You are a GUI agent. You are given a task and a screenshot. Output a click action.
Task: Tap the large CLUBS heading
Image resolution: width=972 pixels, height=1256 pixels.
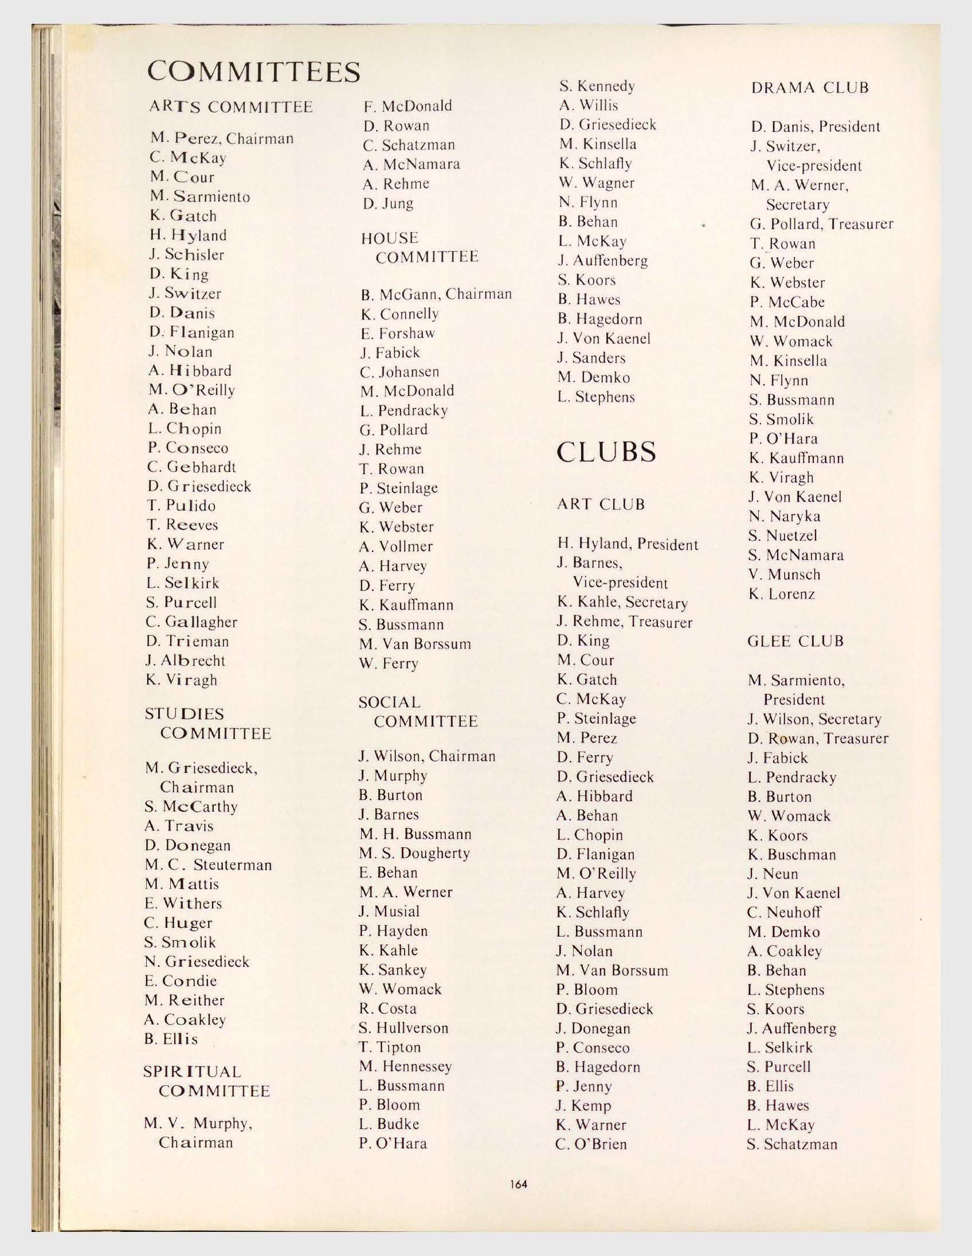point(606,452)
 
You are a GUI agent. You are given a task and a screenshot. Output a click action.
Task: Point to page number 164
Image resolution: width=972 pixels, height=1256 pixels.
point(518,1185)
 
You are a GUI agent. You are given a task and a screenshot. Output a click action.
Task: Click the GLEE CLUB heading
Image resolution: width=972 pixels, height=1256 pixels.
point(795,641)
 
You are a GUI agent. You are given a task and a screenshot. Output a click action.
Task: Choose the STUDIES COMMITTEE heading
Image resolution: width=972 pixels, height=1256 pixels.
point(207,724)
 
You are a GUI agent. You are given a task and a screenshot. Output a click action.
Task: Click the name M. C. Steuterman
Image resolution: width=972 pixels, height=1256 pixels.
point(208,865)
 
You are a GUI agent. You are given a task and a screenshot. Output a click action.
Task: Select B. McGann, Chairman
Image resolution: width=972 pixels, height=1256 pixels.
point(436,295)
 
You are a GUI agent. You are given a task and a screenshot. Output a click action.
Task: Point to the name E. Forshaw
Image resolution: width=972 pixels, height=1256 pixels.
point(397,333)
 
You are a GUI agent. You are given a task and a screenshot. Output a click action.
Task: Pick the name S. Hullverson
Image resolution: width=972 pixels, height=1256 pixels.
point(403,1028)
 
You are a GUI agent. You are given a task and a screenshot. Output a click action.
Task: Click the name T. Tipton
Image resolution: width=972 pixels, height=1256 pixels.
point(390,1047)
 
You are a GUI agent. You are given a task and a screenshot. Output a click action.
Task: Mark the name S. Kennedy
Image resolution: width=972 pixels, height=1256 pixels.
point(597,87)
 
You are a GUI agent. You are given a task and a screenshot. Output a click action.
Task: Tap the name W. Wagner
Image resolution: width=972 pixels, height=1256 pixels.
point(597,183)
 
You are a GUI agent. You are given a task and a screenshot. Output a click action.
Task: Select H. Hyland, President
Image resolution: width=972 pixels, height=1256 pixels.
point(628,544)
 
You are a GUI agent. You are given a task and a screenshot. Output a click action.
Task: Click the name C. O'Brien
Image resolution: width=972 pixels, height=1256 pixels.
point(591,1144)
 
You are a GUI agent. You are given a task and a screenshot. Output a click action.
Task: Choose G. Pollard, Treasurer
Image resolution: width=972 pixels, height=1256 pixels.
point(821,224)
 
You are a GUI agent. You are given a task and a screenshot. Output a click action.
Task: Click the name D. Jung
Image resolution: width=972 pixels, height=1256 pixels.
point(388,203)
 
